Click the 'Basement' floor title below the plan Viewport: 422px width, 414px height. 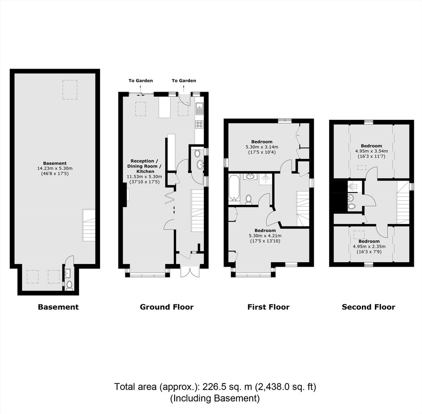point(58,307)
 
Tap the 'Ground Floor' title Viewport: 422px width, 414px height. point(167,307)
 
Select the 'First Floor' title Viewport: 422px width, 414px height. point(268,307)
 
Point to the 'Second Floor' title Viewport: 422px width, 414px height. point(369,307)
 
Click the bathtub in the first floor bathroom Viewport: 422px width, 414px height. point(234,188)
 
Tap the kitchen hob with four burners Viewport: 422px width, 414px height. point(199,124)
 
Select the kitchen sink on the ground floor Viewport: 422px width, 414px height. point(199,108)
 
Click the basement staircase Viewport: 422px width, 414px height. point(89,225)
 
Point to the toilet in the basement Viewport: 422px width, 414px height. point(69,285)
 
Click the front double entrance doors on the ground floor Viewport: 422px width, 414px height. point(190,272)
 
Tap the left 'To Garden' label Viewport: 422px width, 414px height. point(141,80)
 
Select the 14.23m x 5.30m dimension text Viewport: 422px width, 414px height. point(55,168)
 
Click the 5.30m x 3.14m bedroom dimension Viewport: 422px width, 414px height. point(262,147)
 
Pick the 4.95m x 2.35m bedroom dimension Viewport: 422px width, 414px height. point(369,247)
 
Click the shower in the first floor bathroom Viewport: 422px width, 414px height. point(266,179)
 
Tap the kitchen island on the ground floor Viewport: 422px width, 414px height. point(165,108)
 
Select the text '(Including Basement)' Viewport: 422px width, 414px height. point(215,398)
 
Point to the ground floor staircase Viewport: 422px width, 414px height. point(197,211)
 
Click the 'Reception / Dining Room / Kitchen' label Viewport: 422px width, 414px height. point(145,166)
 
